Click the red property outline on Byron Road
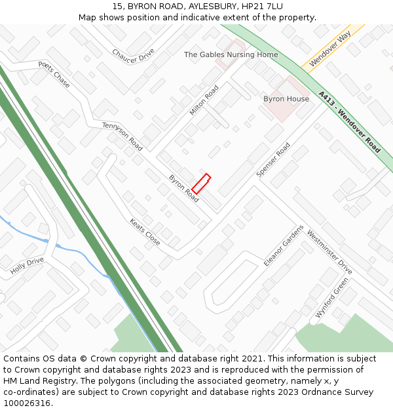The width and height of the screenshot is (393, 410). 201,184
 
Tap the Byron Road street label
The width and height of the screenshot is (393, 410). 183,188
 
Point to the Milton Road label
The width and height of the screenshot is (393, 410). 204,100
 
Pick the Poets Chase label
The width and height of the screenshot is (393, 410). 54,75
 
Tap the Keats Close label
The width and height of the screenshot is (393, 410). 145,232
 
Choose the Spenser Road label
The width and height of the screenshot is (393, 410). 272,160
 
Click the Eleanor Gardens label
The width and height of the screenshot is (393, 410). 284,245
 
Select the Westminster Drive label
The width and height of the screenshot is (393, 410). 329,253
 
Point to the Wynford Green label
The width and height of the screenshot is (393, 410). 331,297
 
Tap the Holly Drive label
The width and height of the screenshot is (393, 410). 27,266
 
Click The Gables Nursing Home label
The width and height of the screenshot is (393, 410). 231,54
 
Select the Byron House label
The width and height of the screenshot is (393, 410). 286,99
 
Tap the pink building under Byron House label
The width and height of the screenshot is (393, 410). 286,110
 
